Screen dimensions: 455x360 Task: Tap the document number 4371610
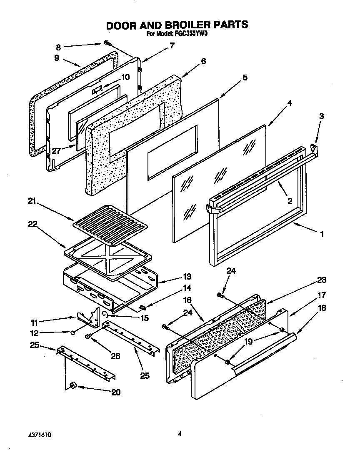click(40, 434)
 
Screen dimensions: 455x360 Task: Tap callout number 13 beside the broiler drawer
click(187, 276)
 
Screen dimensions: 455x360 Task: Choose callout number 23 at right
click(322, 280)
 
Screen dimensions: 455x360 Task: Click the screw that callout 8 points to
click(107, 42)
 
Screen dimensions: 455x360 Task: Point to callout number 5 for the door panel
click(245, 77)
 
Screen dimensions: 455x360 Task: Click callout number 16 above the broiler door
click(187, 300)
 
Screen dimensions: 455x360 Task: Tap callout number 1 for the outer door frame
click(322, 234)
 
